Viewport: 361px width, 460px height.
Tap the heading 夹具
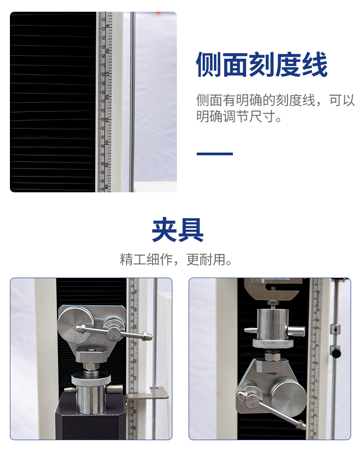point(177,231)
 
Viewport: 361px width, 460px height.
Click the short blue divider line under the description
point(214,154)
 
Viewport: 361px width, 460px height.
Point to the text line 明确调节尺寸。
point(240,117)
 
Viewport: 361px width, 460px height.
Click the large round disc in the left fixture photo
point(76,317)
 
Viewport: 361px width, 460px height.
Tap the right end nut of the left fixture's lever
point(147,336)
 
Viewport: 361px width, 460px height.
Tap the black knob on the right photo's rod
point(336,350)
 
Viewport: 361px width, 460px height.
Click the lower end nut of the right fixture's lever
point(300,424)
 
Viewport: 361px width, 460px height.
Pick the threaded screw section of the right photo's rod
point(336,302)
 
